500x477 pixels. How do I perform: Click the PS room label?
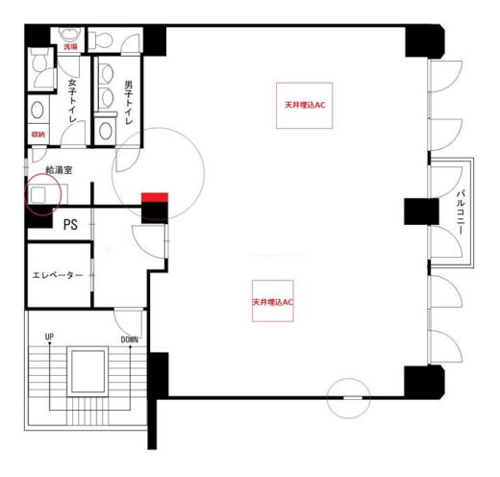(70, 224)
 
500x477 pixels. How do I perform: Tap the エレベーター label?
(58, 275)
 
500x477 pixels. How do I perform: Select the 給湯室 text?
(59, 170)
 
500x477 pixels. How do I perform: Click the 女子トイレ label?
(72, 101)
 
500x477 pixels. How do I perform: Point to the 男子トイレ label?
(129, 103)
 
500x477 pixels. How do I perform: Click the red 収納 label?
(38, 135)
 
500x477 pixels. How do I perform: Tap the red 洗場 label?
(70, 47)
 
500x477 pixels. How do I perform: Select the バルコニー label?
(461, 213)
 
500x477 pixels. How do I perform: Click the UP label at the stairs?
(49, 337)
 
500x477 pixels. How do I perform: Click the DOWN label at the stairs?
(130, 339)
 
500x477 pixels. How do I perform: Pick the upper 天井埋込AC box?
(304, 106)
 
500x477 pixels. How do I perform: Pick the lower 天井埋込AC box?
(273, 301)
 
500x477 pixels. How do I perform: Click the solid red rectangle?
(155, 197)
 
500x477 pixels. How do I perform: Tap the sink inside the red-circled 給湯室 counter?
(37, 194)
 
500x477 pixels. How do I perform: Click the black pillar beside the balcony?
(421, 212)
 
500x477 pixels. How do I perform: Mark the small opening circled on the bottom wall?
(353, 398)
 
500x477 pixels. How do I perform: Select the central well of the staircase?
(87, 371)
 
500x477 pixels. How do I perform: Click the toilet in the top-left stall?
(39, 61)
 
